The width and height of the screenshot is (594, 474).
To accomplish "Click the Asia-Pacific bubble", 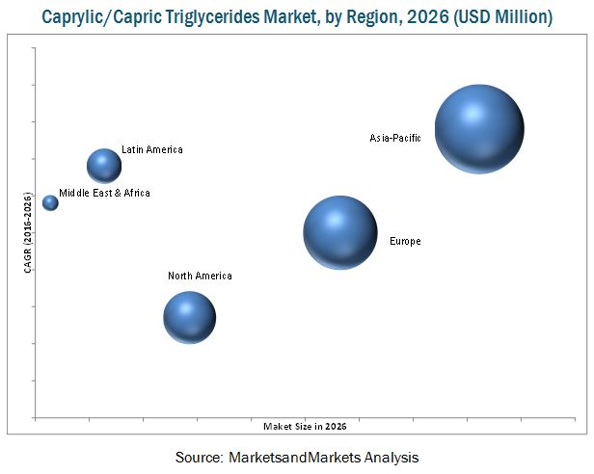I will (x=478, y=128).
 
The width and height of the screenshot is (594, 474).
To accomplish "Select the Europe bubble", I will (x=339, y=231).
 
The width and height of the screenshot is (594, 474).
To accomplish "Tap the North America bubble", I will (x=189, y=317).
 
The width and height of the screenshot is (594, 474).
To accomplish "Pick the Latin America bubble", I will (x=104, y=166).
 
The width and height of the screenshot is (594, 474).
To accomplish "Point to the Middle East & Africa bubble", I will (x=50, y=202).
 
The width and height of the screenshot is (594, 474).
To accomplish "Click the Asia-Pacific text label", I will (x=395, y=139).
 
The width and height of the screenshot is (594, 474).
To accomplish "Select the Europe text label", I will (x=405, y=241).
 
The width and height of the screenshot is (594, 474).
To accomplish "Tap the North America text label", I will (x=200, y=276).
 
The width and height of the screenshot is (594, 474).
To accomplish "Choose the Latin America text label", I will (x=152, y=150).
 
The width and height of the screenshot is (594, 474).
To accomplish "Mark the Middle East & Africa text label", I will (x=104, y=194).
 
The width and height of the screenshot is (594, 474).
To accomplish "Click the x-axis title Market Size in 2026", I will (x=305, y=426).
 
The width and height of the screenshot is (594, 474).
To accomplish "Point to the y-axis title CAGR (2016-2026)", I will (x=27, y=232).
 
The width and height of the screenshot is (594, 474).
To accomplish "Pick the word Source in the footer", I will (x=197, y=457).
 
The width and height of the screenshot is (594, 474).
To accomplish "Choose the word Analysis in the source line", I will (x=390, y=457).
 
